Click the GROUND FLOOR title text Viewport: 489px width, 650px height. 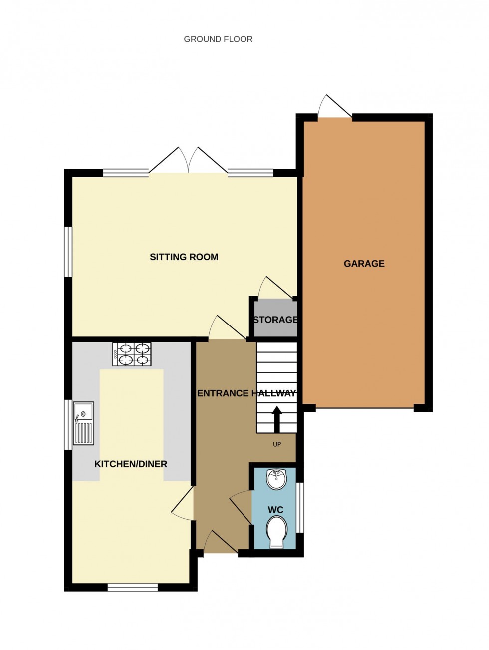[218, 39]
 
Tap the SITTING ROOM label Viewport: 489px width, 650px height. [184, 257]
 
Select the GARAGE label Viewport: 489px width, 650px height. [364, 264]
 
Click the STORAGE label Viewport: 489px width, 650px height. [275, 320]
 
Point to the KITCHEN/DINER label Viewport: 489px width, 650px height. [131, 464]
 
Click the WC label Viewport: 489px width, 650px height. [275, 510]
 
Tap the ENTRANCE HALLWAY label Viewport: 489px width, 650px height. [246, 393]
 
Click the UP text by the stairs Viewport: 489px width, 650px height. [277, 444]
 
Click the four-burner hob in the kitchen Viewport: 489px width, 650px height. [132, 354]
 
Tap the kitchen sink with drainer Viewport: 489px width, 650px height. [83, 423]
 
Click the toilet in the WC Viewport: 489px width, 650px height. [276, 532]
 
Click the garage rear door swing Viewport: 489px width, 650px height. [335, 107]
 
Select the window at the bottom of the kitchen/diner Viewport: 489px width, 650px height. [133, 587]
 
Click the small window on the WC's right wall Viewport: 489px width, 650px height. [300, 507]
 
